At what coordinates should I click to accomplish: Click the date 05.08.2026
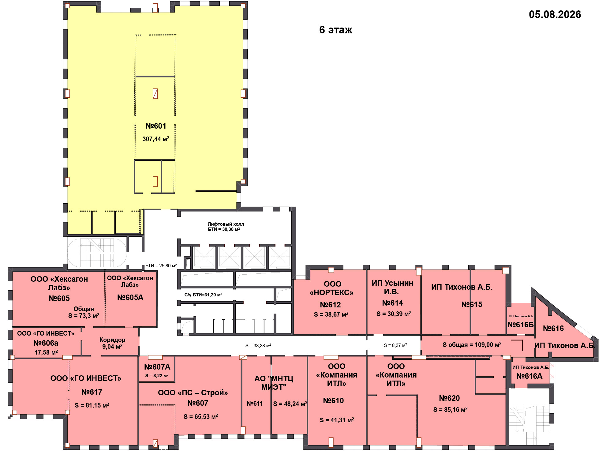pyautogui.click(x=555, y=14)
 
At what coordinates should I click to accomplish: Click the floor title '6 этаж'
pyautogui.click(x=336, y=30)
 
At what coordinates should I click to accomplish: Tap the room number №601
pyautogui.click(x=156, y=126)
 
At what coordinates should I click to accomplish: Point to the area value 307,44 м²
pyautogui.click(x=156, y=139)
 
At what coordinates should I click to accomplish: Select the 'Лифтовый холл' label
pyautogui.click(x=226, y=224)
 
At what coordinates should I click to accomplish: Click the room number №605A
pyautogui.click(x=130, y=297)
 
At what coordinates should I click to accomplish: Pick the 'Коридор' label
pyautogui.click(x=112, y=340)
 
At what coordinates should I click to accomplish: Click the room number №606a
pyautogui.click(x=46, y=343)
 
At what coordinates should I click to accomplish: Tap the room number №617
pyautogui.click(x=92, y=392)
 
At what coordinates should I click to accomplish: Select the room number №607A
pyautogui.click(x=157, y=367)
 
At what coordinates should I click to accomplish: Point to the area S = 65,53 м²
pyautogui.click(x=201, y=416)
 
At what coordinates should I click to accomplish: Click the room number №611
pyautogui.click(x=255, y=404)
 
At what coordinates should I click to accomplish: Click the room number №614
pyautogui.click(x=392, y=303)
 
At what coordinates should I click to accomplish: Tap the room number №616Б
pyautogui.click(x=521, y=325)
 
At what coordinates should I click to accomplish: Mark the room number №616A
pyautogui.click(x=529, y=376)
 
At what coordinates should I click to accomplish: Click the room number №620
pyautogui.click(x=449, y=398)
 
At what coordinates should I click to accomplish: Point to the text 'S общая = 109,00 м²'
pyautogui.click(x=472, y=345)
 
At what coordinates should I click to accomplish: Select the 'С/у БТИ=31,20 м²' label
pyautogui.click(x=203, y=295)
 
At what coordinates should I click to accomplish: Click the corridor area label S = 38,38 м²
pyautogui.click(x=258, y=345)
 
